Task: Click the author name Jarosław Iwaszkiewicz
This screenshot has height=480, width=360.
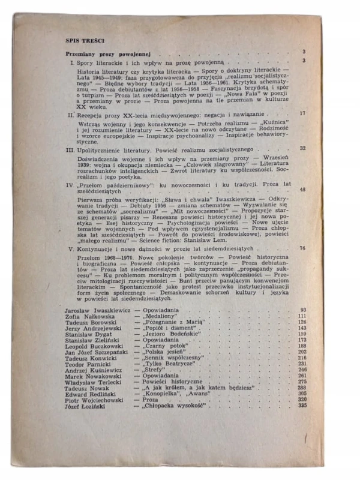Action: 97,310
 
